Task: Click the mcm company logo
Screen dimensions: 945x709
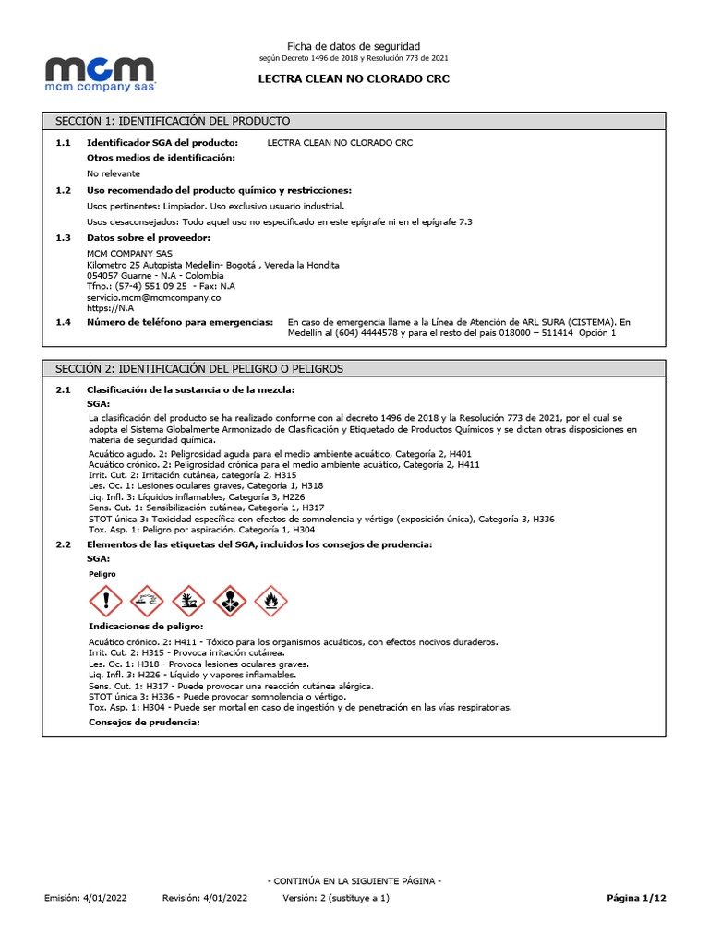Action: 101,73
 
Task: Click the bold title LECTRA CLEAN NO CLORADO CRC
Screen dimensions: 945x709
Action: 354,79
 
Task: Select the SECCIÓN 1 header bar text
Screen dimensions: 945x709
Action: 173,121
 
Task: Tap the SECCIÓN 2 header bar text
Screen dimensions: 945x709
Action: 199,368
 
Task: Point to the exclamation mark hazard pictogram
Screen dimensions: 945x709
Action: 105,602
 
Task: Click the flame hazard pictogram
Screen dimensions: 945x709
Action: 271,602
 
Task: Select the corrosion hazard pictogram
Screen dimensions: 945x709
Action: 147,602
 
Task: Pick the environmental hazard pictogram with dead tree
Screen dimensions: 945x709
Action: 188,602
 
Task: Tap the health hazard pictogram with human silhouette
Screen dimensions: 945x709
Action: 230,602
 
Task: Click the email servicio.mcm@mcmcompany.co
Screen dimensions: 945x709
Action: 153,297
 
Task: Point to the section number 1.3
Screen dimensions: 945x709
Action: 63,238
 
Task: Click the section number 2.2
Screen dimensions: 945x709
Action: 63,544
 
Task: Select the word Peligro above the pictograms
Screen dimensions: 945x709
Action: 102,573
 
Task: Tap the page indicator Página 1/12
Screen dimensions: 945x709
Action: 635,898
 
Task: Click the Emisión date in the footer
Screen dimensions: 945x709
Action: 86,898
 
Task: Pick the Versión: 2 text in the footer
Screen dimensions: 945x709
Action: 336,898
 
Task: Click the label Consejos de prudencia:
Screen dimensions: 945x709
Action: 143,722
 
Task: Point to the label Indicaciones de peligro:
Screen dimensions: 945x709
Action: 145,627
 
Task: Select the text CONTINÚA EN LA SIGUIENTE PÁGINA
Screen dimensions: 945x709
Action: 354,881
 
